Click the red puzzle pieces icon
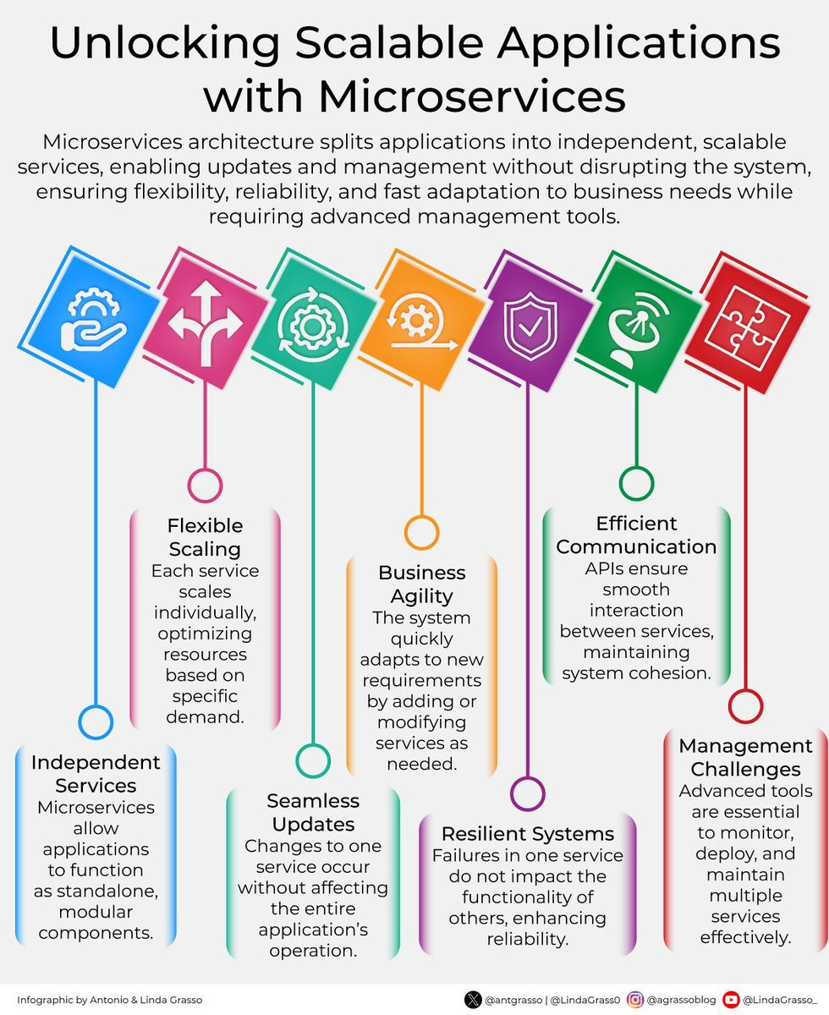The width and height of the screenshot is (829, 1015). pyautogui.click(x=747, y=327)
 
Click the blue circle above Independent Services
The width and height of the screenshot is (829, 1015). pyautogui.click(x=96, y=721)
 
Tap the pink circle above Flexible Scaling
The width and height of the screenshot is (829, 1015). pyautogui.click(x=205, y=486)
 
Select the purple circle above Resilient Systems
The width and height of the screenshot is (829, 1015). pyautogui.click(x=528, y=793)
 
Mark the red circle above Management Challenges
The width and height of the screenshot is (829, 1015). pyautogui.click(x=746, y=706)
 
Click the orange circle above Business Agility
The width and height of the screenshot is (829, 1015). pyautogui.click(x=422, y=533)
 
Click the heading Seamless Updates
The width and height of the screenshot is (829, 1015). pyautogui.click(x=313, y=812)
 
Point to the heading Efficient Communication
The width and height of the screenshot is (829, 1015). pyautogui.click(x=636, y=535)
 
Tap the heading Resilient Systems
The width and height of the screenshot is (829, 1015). pyautogui.click(x=528, y=833)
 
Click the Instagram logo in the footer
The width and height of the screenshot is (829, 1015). pyautogui.click(x=635, y=1000)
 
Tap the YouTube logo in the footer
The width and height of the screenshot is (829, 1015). pyautogui.click(x=731, y=1000)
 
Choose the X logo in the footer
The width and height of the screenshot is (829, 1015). pyautogui.click(x=473, y=1000)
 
